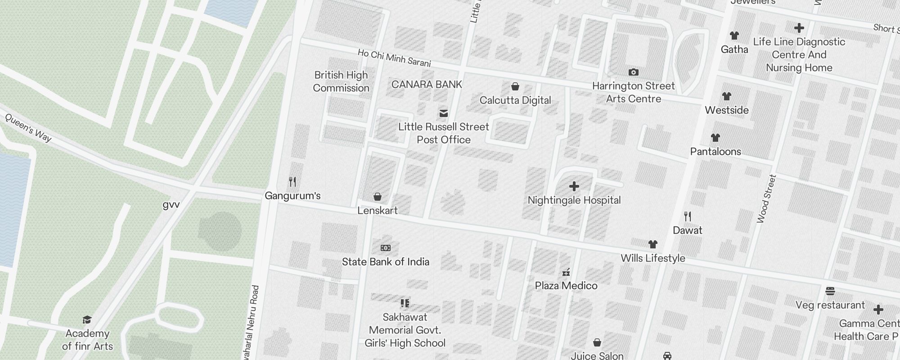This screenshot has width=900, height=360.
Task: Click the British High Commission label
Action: point(341,81)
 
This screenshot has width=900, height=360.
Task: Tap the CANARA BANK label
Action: point(427,85)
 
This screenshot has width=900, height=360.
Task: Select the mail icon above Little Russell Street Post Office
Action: point(444,113)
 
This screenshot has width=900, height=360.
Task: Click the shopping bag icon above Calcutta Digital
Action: point(515,86)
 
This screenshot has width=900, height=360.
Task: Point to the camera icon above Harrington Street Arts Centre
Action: point(633,72)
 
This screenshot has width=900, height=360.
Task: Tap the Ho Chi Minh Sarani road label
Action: point(394,58)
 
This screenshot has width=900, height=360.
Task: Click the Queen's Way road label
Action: point(28,127)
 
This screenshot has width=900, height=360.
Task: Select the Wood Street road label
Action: point(767,198)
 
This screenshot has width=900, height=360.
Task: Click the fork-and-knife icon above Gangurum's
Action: point(292,182)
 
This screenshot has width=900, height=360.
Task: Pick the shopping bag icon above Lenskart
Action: point(378,197)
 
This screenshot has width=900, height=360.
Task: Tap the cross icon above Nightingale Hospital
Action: point(574,186)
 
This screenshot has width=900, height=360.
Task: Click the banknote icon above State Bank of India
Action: point(386,248)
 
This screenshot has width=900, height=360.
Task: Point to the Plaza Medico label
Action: point(566,286)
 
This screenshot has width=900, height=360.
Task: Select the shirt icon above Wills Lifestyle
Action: point(653,244)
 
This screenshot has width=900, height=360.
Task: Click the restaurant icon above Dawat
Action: point(687,216)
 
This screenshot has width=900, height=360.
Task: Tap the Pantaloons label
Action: point(715,152)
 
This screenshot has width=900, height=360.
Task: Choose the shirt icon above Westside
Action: point(726,96)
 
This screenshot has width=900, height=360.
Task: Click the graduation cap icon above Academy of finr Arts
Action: point(87,319)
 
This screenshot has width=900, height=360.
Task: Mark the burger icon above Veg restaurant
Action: point(830,291)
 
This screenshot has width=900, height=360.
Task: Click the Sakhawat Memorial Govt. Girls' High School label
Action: point(405,330)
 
